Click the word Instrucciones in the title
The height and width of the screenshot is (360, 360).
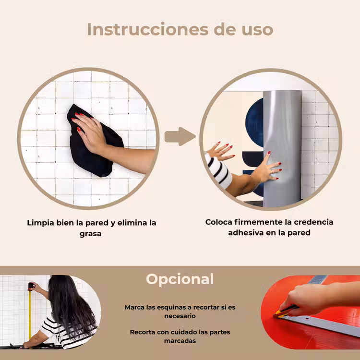[148, 29]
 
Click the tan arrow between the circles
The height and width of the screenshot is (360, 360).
[180, 136]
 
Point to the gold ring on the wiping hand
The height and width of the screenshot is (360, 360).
[94, 125]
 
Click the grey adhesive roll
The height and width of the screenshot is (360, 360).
[282, 148]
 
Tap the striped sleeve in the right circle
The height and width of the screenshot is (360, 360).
[218, 170]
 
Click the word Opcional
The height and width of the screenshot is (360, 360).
[180, 279]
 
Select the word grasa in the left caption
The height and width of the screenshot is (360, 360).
[90, 234]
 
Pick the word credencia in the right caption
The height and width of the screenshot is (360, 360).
[313, 222]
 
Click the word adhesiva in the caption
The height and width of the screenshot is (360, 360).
[245, 233]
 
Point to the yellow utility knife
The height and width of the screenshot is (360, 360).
[286, 312]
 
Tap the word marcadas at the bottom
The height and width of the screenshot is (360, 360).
[180, 341]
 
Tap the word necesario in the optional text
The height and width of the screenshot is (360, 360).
[180, 316]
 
